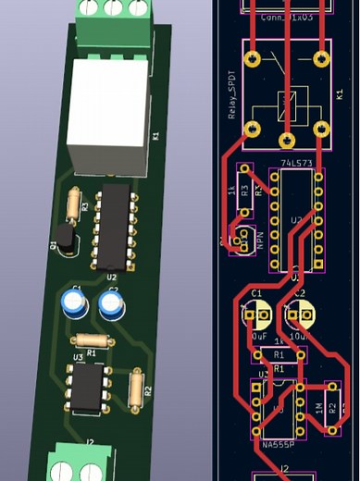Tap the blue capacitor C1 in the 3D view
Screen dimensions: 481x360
74,304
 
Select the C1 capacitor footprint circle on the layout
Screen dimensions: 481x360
255,314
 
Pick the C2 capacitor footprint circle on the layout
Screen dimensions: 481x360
304,314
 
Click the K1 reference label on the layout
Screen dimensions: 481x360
340,95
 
